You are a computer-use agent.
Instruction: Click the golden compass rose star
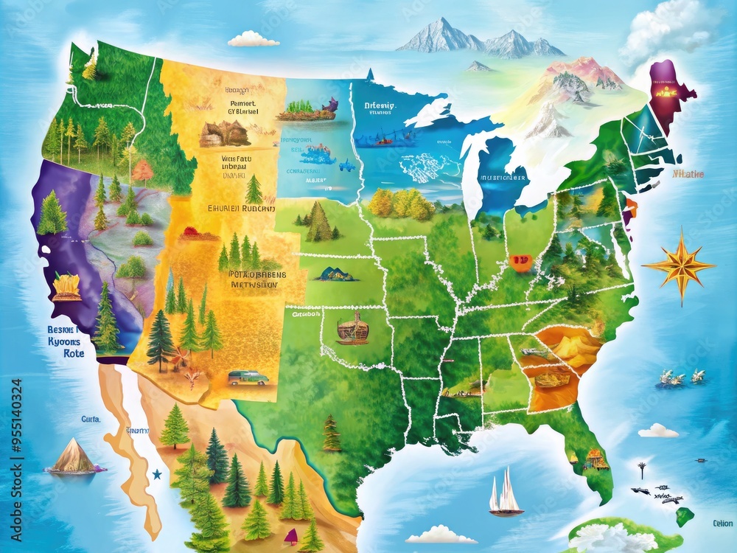point(678,265)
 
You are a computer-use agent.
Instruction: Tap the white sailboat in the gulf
point(506,492)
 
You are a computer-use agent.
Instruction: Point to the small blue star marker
point(156,474)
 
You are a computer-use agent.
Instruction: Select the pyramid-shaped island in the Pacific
point(73,456)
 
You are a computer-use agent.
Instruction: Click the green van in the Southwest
point(248,378)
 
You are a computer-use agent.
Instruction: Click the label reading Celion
point(722,524)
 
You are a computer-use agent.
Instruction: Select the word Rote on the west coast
point(74,353)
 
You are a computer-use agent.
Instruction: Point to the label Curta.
point(91,419)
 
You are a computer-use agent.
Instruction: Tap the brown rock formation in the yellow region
point(225,133)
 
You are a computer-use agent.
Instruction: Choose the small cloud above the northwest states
point(253,39)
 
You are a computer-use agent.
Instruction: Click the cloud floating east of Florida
point(658,430)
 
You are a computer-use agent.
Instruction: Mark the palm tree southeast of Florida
point(642,469)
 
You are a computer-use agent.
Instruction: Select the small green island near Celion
point(685,516)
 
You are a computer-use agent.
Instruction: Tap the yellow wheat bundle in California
point(67,286)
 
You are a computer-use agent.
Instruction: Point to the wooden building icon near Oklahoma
point(352,328)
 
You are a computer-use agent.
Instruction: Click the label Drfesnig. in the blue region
point(380,105)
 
